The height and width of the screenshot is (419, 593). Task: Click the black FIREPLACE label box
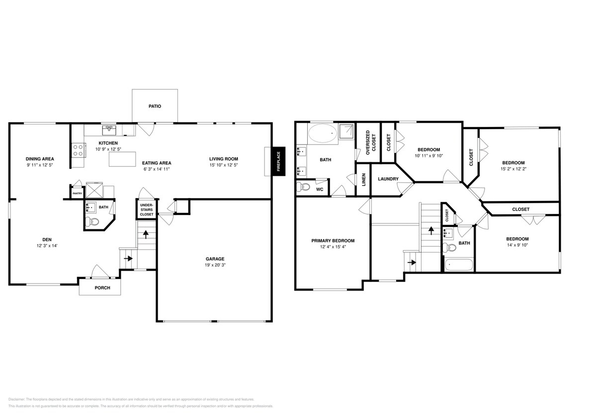click(x=278, y=161)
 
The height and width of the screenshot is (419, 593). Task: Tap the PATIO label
click(x=155, y=106)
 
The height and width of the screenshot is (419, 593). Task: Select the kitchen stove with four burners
click(x=78, y=149)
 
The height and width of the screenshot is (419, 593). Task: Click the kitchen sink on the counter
click(x=109, y=130)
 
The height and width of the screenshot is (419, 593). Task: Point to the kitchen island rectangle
click(x=122, y=159)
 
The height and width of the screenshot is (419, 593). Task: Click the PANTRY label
click(x=77, y=194)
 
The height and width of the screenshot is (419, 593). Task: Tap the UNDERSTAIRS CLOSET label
click(x=146, y=209)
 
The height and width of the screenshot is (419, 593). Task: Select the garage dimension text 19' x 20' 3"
click(x=215, y=265)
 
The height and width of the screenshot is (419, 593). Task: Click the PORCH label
click(x=102, y=288)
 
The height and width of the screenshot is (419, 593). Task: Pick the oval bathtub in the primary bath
click(x=322, y=134)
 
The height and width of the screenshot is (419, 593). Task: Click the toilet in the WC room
click(x=303, y=188)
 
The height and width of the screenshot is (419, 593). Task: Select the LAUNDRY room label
click(x=388, y=179)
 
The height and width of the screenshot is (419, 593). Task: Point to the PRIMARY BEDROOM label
click(x=333, y=240)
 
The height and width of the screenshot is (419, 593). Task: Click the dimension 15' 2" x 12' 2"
click(x=513, y=169)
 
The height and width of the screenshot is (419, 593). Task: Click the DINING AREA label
click(x=40, y=159)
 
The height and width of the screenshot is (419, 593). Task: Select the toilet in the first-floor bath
click(x=90, y=222)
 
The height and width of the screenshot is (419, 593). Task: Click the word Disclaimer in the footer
click(x=16, y=399)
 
